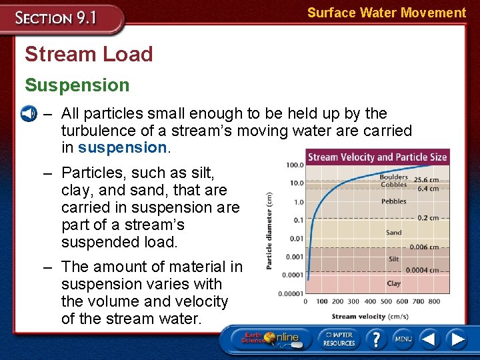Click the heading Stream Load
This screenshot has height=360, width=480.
tap(89, 54)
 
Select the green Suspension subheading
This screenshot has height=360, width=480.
tap(77, 85)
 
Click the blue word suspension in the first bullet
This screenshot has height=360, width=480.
tap(122, 147)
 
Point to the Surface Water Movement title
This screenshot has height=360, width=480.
tap(387, 13)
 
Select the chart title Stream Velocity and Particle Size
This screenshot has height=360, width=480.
tap(377, 157)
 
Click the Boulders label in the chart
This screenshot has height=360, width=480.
tap(393, 177)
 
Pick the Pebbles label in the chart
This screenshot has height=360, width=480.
tap(393, 201)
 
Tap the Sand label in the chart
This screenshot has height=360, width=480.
tap(393, 233)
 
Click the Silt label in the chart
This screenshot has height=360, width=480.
tap(393, 259)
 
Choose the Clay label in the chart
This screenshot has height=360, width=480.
tap(393, 283)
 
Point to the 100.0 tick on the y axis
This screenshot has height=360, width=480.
tap(295, 165)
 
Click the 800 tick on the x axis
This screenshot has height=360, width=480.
tap(435, 301)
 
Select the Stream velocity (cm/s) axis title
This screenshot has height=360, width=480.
tap(370, 316)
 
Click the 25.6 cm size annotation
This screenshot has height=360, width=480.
tap(425, 180)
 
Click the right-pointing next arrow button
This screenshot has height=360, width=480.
tap(457, 339)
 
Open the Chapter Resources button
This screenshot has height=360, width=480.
tap(339, 339)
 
